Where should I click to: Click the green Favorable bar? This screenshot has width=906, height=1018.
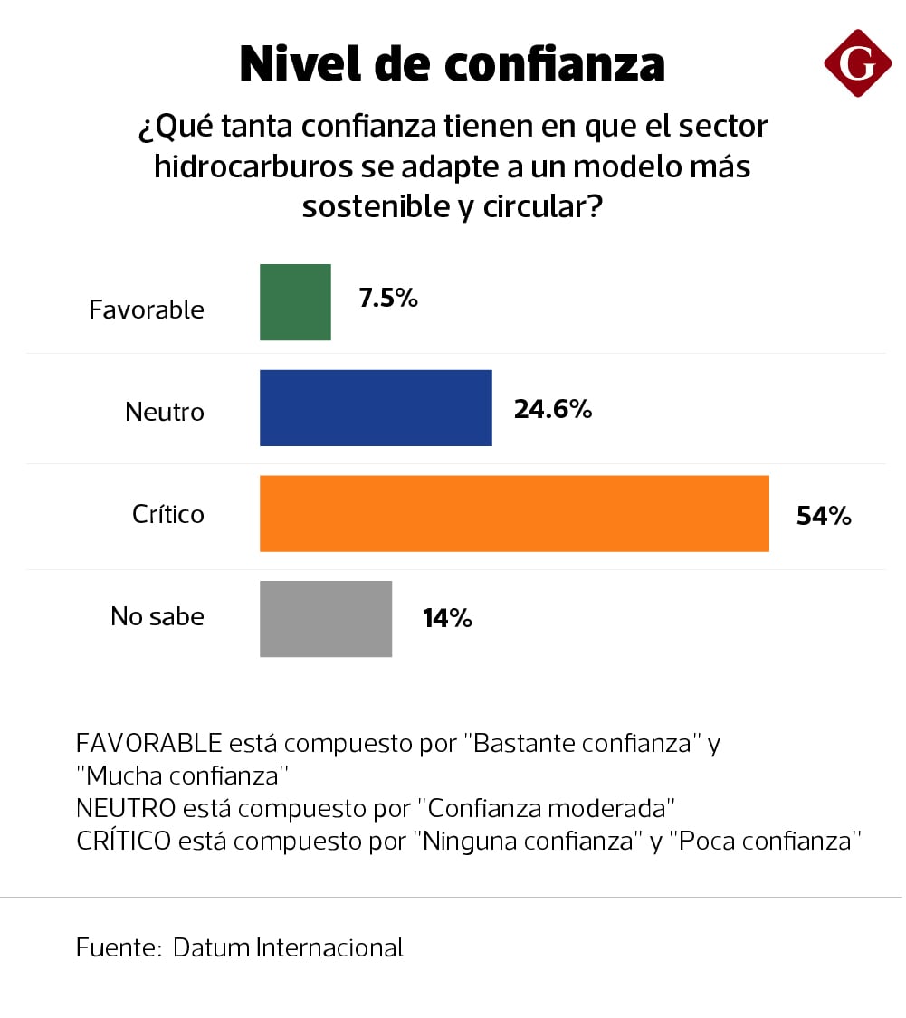coord(295,302)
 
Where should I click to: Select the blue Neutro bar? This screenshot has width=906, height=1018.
coord(376,408)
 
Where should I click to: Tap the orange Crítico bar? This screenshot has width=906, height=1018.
coord(514,513)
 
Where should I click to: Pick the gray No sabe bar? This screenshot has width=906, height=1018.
coord(326,619)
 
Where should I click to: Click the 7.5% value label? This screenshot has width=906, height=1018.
coord(388,299)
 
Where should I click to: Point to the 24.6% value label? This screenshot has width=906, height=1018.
coord(553,410)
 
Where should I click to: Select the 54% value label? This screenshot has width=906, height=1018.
coord(824,516)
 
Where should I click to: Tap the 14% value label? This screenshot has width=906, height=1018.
coord(447,619)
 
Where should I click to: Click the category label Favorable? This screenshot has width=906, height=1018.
coord(147,309)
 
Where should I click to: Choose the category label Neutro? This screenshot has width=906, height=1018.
coord(165,413)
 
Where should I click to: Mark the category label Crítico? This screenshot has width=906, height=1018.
coord(168,514)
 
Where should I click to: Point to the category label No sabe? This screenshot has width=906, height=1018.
coord(157,617)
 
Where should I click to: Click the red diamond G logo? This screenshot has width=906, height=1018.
coord(857,62)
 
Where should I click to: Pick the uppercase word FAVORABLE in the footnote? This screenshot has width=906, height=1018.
coord(149,744)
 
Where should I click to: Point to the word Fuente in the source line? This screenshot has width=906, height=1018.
coord(118,947)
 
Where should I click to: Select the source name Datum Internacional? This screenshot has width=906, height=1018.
coord(288,947)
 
